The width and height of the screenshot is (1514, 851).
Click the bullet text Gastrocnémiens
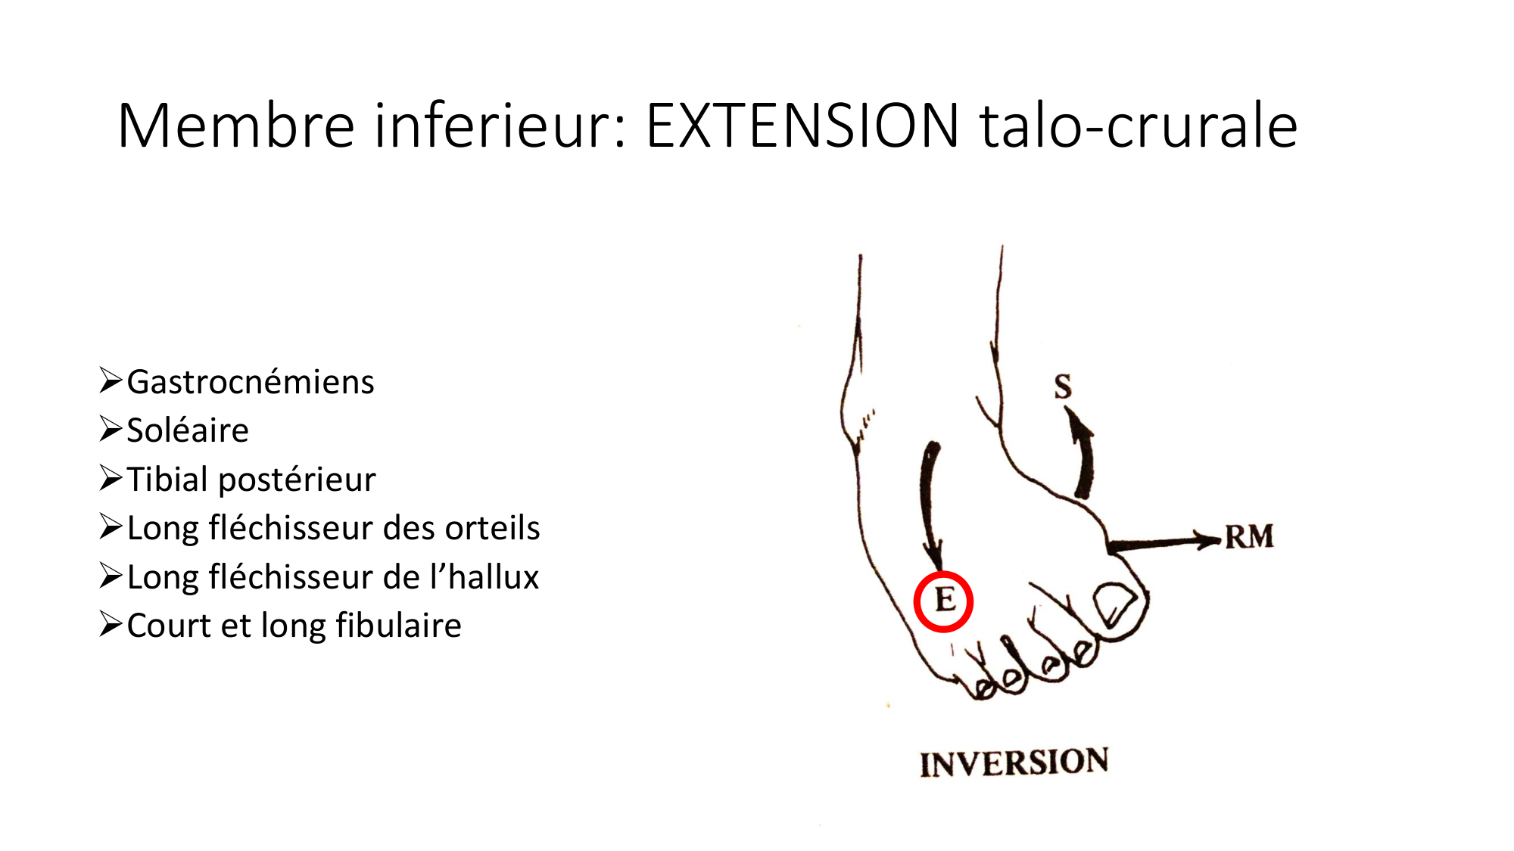251,381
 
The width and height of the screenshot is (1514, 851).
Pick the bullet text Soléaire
188,430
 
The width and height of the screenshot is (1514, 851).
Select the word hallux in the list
494,576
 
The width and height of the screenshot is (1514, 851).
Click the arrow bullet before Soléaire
111,429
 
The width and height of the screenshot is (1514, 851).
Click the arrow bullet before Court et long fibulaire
111,624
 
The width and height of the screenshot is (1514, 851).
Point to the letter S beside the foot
1063,387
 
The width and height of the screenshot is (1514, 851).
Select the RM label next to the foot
1249,537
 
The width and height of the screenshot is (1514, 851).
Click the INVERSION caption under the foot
1014,762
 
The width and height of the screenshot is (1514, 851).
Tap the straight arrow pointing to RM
1164,542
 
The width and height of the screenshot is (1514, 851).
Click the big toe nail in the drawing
1114,604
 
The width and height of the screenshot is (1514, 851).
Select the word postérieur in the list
298,480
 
